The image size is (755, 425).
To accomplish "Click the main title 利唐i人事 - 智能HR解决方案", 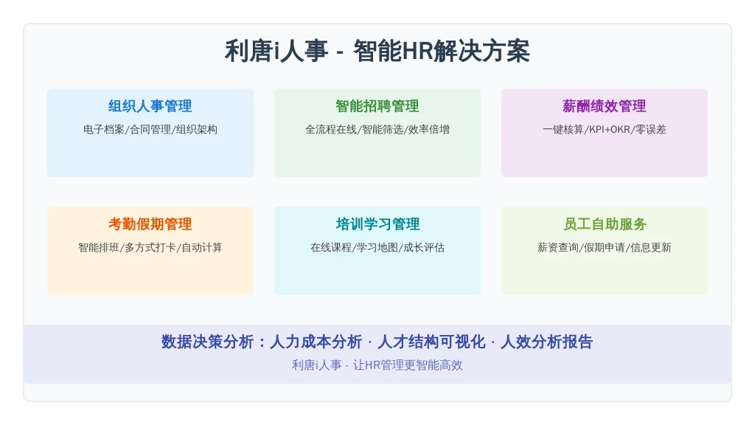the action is pyautogui.click(x=377, y=51).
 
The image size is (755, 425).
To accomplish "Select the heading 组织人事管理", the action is pyautogui.click(x=150, y=106).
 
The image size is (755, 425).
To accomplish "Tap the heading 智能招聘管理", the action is pyautogui.click(x=377, y=106).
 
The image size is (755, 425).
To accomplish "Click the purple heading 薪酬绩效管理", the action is pyautogui.click(x=605, y=106).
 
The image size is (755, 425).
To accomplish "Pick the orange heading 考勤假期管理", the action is pyautogui.click(x=150, y=224).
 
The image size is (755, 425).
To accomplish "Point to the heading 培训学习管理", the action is pyautogui.click(x=377, y=224).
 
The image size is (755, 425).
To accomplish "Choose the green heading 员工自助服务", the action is pyautogui.click(x=605, y=224).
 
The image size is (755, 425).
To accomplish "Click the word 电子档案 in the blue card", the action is pyautogui.click(x=103, y=130).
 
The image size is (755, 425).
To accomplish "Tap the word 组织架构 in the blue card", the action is pyautogui.click(x=196, y=130).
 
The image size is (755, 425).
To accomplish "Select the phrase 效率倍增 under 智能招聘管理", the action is pyautogui.click(x=429, y=130).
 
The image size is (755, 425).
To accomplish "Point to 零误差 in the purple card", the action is pyautogui.click(x=651, y=130).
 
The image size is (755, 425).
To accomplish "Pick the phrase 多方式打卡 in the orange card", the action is pyautogui.click(x=150, y=248).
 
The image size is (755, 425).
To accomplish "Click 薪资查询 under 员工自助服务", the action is pyautogui.click(x=558, y=248).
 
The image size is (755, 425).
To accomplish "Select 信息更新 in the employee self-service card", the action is pyautogui.click(x=651, y=248).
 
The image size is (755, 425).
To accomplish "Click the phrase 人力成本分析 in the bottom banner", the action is pyautogui.click(x=316, y=342).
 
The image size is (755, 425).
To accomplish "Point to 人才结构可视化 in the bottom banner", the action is pyautogui.click(x=431, y=342).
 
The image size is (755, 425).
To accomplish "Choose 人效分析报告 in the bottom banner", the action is pyautogui.click(x=546, y=342).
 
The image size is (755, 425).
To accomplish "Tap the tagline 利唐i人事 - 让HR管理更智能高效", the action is pyautogui.click(x=377, y=365).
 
